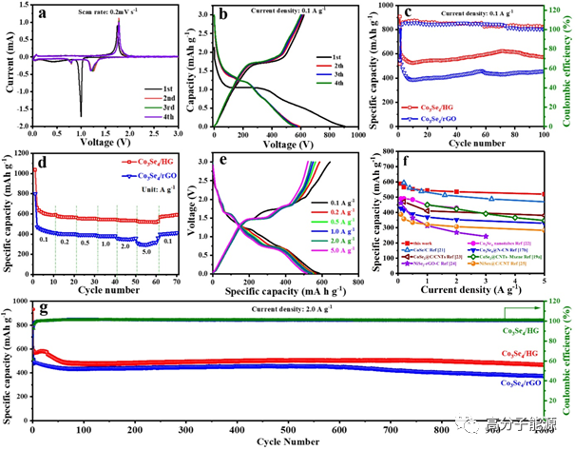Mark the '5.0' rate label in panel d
pyautogui.click(x=145, y=252)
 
